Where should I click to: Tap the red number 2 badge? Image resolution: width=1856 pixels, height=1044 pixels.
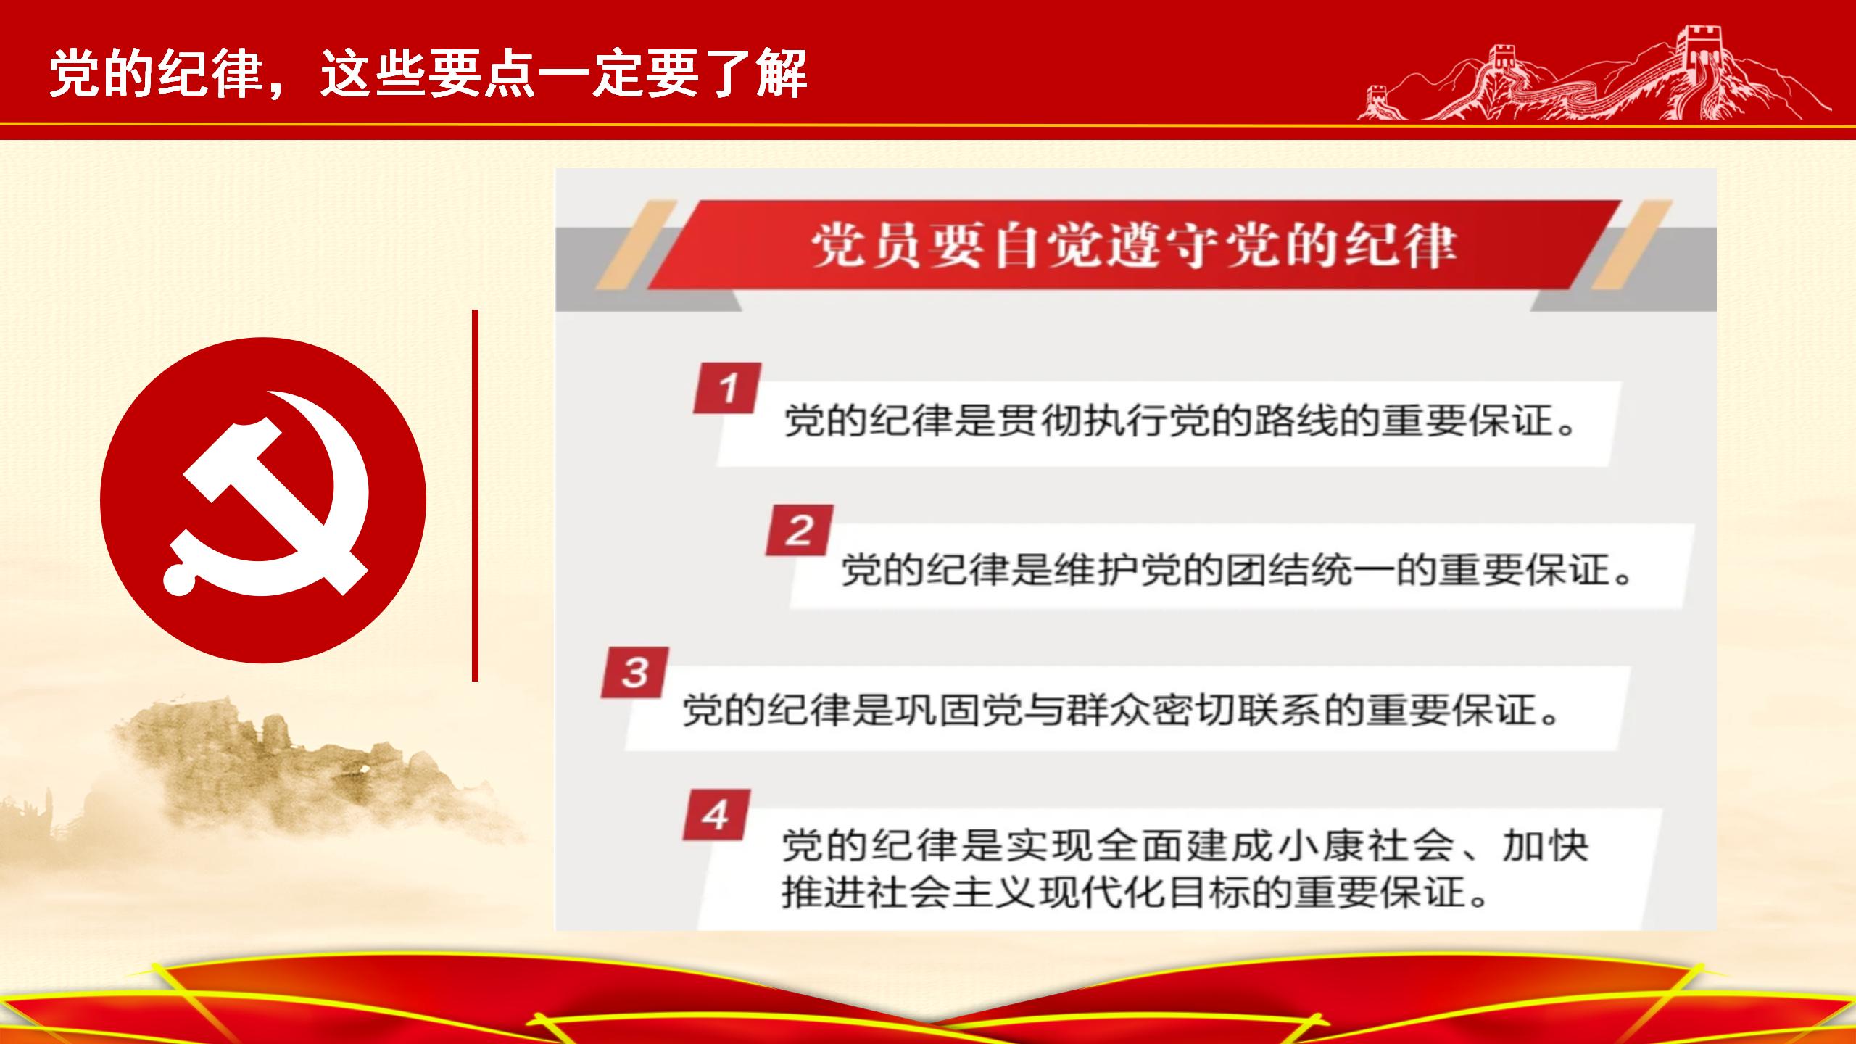[x=799, y=531]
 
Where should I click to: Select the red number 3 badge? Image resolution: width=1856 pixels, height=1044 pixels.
[x=634, y=673]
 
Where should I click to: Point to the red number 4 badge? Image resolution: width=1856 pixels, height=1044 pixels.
[x=716, y=815]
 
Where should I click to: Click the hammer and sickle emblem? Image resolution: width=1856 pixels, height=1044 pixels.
[x=263, y=500]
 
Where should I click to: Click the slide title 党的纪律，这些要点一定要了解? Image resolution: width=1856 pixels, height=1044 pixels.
[x=428, y=74]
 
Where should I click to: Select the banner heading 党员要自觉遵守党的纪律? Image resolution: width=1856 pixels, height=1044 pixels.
[x=1134, y=246]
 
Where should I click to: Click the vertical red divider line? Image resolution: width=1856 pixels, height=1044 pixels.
[x=475, y=495]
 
